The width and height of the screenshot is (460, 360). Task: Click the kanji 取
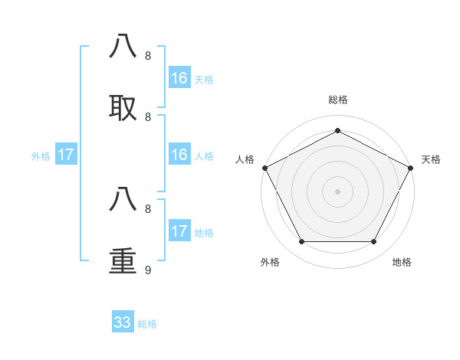point(124,108)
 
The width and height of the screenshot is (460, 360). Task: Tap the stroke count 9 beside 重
point(147,270)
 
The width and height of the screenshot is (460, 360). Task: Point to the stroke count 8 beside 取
point(147,116)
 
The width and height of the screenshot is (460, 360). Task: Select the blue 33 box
point(123,322)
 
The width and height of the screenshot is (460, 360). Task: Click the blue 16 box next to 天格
point(179,78)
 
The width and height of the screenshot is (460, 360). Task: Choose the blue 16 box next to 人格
point(179,155)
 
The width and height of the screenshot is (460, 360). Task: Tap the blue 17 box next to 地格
point(179,231)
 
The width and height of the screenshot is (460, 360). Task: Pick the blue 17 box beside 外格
point(66,155)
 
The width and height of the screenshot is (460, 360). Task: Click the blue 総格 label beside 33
point(147,324)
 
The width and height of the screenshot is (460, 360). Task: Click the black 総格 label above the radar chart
point(338,100)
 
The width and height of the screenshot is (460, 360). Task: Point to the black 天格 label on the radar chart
point(431,159)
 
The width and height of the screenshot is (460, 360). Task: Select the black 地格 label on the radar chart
point(402,262)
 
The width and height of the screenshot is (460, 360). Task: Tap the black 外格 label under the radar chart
point(270,262)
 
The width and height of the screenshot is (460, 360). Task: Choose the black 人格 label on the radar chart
point(245,159)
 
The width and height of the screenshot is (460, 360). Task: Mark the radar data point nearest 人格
point(264,168)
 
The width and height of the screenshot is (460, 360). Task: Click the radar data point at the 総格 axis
point(338,130)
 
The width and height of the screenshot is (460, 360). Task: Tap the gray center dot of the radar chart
point(338,191)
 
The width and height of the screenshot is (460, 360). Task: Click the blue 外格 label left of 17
point(41,156)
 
